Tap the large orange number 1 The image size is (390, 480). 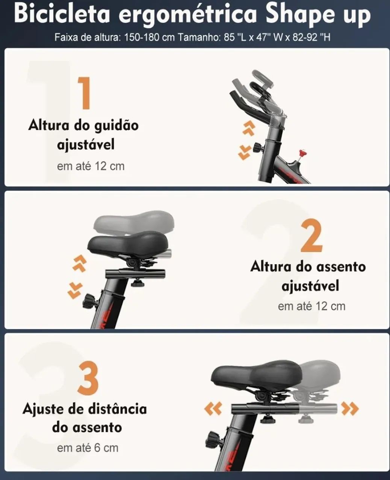point(85,93)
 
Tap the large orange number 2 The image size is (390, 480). point(311,236)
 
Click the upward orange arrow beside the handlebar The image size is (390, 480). point(248,127)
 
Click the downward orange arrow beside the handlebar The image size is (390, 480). point(245,152)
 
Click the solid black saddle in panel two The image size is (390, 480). point(128,243)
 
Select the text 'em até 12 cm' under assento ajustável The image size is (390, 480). point(311,306)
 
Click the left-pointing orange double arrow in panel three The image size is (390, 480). point(213,409)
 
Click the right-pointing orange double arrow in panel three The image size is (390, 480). point(350,409)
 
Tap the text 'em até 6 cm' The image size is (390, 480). point(88,448)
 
